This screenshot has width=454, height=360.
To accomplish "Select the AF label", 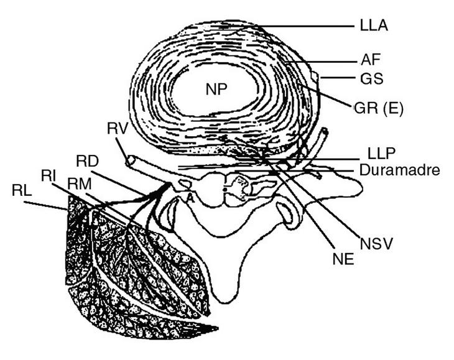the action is (x=370, y=60).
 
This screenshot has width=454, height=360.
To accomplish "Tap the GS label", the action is (x=372, y=80).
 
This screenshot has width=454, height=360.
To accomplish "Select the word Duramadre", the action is (x=392, y=169).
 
